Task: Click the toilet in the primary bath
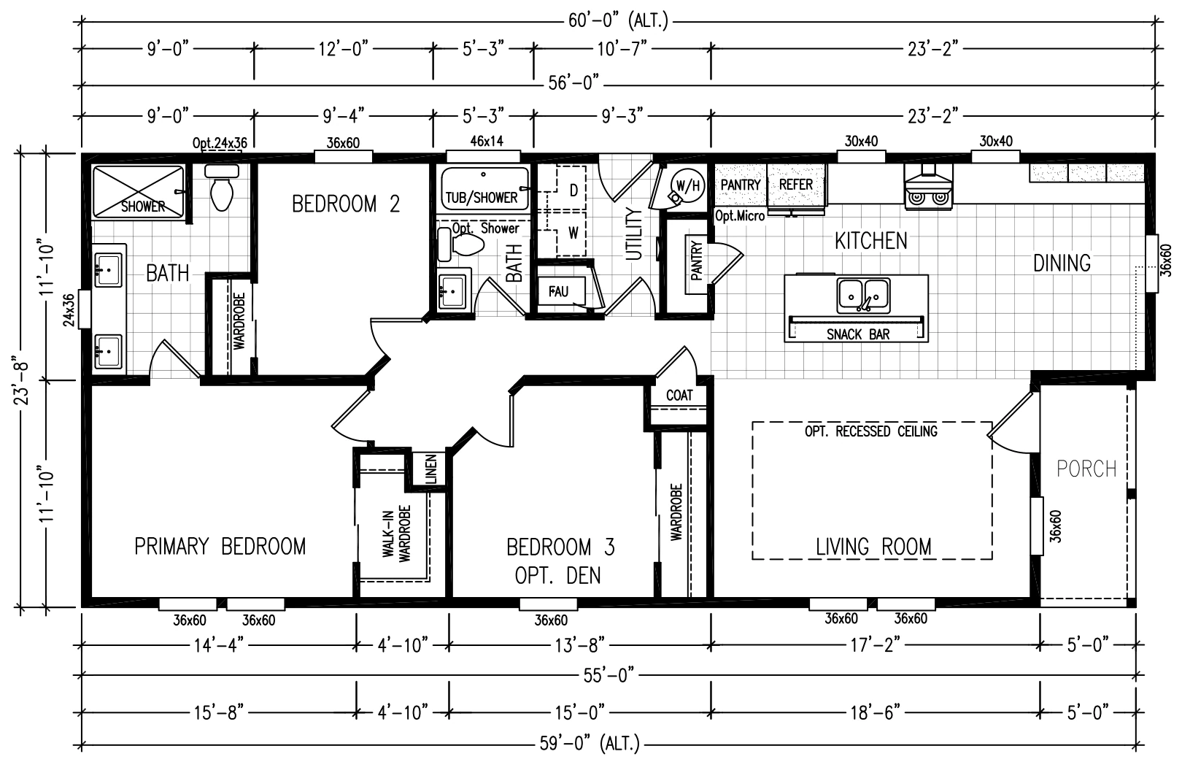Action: click(x=222, y=187)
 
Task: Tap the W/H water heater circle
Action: click(x=688, y=185)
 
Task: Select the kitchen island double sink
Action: click(x=863, y=296)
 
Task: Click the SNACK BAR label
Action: click(x=858, y=334)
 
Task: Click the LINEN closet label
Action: click(x=431, y=469)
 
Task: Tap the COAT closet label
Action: click(x=679, y=396)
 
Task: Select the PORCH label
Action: click(x=1086, y=469)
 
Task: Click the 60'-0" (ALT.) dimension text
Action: click(x=619, y=21)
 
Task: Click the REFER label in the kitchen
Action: click(x=796, y=185)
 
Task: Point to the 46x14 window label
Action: click(x=487, y=142)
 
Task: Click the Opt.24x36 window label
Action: click(x=220, y=143)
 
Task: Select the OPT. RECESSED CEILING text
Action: click(x=870, y=431)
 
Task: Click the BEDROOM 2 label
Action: click(x=346, y=204)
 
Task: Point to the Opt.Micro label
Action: click(x=740, y=216)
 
